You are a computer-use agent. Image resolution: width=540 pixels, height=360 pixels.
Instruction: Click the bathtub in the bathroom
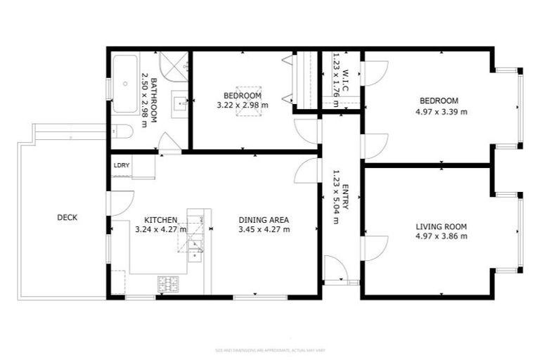pyautogui.click(x=125, y=84)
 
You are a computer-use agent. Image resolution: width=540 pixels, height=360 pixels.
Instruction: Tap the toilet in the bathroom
pyautogui.click(x=123, y=131)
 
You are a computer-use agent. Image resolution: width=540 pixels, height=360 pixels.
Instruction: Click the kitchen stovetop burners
pyautogui.click(x=168, y=283)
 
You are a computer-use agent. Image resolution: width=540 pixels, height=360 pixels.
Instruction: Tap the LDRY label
pyautogui.click(x=122, y=166)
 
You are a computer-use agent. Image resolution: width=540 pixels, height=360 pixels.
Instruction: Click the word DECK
pyautogui.click(x=67, y=218)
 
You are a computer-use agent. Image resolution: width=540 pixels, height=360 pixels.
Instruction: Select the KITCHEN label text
pyautogui.click(x=160, y=219)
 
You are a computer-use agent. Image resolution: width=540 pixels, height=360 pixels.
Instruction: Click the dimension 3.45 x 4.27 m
pyautogui.click(x=264, y=229)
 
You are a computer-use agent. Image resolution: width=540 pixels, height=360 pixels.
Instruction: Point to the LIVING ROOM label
pyautogui.click(x=441, y=226)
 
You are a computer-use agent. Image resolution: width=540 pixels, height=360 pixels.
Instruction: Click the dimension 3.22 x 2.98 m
pyautogui.click(x=243, y=105)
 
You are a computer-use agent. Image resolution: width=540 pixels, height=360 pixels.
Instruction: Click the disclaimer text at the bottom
pyautogui.click(x=270, y=349)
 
